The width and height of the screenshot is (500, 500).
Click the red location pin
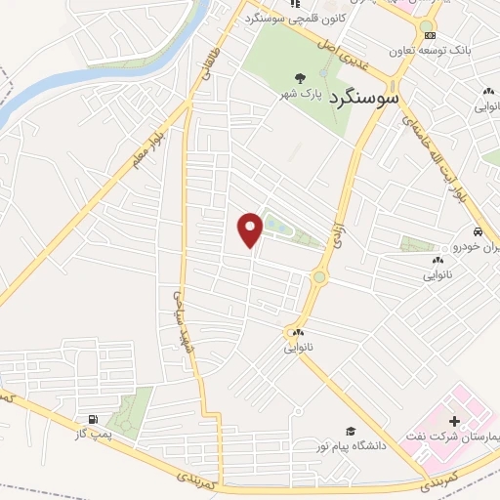click(251, 229)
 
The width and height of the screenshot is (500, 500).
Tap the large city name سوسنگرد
click(364, 98)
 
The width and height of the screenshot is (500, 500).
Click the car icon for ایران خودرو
click(477, 232)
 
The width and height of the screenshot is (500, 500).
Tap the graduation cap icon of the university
click(349, 431)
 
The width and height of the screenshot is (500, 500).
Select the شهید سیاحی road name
click(184, 321)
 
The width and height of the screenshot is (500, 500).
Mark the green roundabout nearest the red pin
click(319, 277)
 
